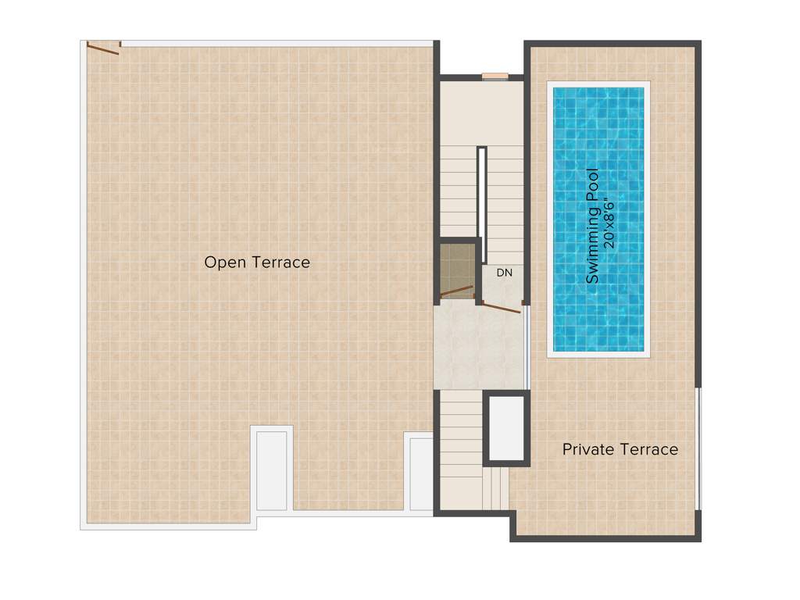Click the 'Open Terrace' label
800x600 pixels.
257,262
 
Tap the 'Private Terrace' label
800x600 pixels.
620,449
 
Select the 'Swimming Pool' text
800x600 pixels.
593,227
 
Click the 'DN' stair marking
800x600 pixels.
504,273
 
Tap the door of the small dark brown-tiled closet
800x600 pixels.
457,291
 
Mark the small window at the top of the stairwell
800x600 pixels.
495,77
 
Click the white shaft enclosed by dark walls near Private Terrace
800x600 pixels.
506,428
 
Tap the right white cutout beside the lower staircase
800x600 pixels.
421,473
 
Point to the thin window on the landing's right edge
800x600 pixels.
528,348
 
